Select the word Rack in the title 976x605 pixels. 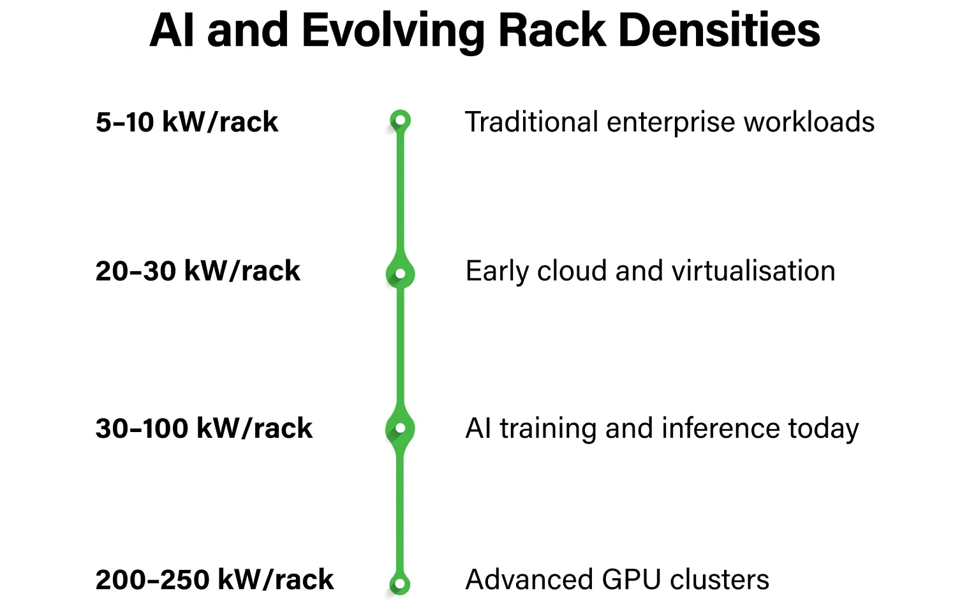point(551,31)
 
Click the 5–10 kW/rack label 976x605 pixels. point(187,122)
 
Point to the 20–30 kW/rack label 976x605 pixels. point(198,271)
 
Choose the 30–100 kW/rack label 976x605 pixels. point(204,428)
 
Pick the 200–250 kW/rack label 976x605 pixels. point(214,579)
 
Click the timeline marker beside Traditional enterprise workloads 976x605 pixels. point(400,120)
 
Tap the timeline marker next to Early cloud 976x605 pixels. point(400,274)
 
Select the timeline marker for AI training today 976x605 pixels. point(400,428)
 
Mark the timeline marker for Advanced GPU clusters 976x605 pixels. point(400,583)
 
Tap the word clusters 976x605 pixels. point(719,579)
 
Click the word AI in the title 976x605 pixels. point(171,31)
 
